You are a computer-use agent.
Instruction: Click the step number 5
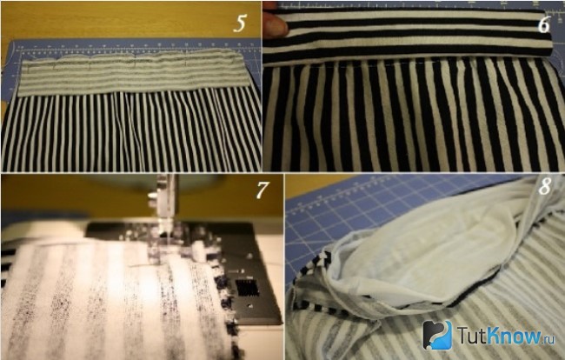pyautogui.click(x=239, y=23)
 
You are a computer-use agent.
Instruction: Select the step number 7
pyautogui.click(x=263, y=190)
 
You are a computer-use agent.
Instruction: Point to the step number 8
pyautogui.click(x=545, y=187)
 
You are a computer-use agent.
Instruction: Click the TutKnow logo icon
pyautogui.click(x=437, y=335)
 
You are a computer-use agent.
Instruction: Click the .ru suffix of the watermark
pyautogui.click(x=548, y=339)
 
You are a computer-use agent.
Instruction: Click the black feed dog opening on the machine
pyautogui.click(x=248, y=288)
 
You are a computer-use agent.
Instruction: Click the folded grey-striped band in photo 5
pyautogui.click(x=133, y=72)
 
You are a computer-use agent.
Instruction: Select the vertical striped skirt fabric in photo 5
pyautogui.click(x=131, y=131)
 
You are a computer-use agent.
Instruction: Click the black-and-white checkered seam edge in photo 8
pyautogui.click(x=314, y=284)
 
